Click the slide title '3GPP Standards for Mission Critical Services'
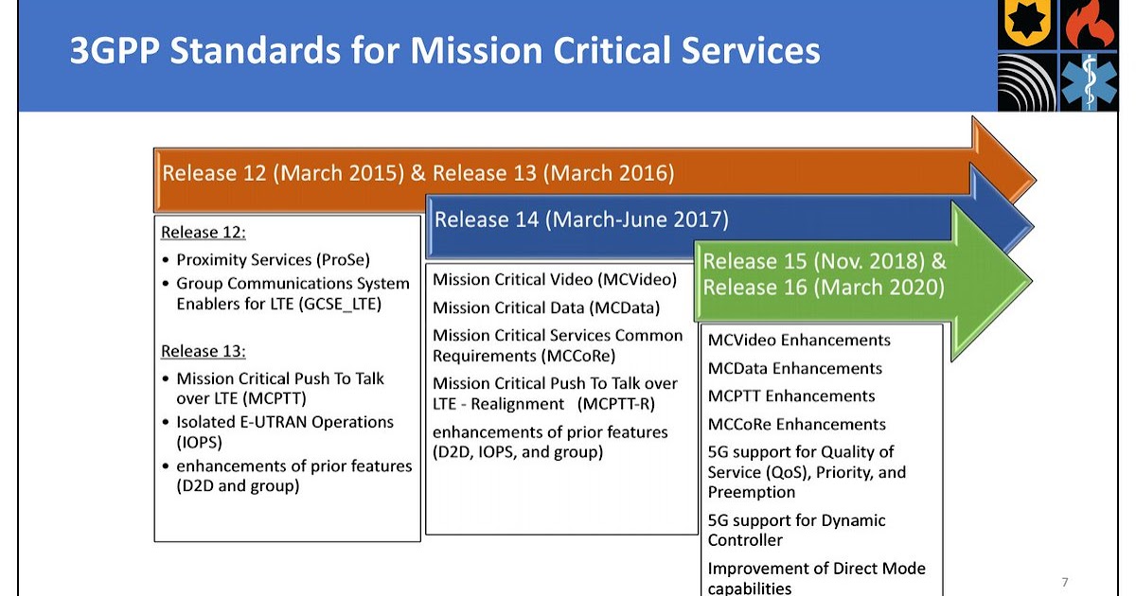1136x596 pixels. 445,50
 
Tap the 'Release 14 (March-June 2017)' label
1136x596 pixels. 581,220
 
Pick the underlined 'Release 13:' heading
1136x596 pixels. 204,351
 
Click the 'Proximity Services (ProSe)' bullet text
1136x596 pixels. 272,259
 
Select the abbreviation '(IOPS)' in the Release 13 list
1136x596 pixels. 200,442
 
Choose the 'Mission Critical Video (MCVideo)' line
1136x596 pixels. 555,280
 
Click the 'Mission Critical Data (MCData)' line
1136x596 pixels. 546,307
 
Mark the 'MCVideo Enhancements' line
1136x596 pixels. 799,341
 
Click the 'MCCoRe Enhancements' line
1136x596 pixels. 797,424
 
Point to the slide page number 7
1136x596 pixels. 1065,581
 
